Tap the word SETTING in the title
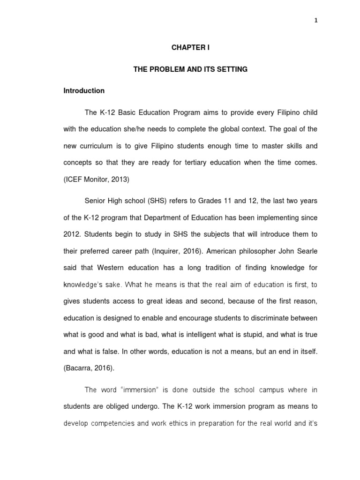point(233,69)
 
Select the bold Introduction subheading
point(84,90)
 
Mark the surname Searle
point(307,251)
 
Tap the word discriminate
point(272,318)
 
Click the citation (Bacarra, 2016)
point(89,368)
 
